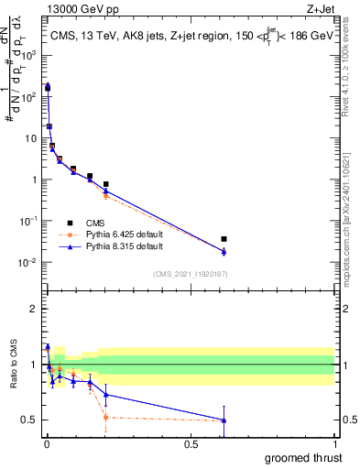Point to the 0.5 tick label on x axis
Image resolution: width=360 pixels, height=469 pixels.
point(190,442)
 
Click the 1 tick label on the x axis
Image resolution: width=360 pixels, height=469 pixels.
point(334,442)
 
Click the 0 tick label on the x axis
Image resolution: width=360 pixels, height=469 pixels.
point(46,442)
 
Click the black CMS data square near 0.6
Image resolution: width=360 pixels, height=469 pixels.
point(224,239)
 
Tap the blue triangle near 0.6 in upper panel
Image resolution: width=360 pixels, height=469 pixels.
point(224,252)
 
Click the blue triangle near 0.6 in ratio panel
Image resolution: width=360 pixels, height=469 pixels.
point(224,420)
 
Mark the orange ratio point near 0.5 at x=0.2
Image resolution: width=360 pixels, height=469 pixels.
point(106,417)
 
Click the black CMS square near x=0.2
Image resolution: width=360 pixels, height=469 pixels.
point(106,184)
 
